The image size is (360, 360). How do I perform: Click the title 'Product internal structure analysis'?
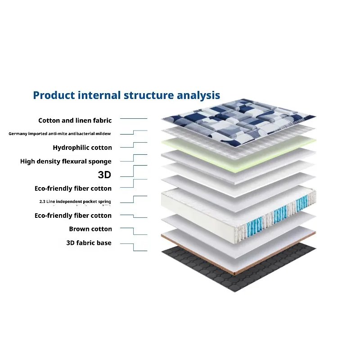[126, 95]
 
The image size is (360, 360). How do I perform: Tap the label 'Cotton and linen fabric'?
[75, 121]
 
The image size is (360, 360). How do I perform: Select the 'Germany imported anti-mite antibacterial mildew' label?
[60, 134]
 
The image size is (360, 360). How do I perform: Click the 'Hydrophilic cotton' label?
[82, 148]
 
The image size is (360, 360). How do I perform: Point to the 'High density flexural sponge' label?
[66, 162]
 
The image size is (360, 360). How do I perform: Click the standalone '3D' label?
[104, 175]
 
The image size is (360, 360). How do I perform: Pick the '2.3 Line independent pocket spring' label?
[75, 202]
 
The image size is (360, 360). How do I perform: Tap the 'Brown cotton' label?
[90, 229]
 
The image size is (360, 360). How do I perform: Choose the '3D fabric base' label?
[89, 243]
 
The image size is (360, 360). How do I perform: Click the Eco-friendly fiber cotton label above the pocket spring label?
[73, 189]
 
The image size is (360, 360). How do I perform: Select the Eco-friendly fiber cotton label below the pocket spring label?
[73, 216]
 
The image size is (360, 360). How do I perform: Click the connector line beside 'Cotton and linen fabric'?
[134, 118]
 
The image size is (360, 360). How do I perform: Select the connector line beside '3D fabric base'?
[134, 247]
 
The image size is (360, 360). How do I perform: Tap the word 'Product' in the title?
[54, 95]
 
